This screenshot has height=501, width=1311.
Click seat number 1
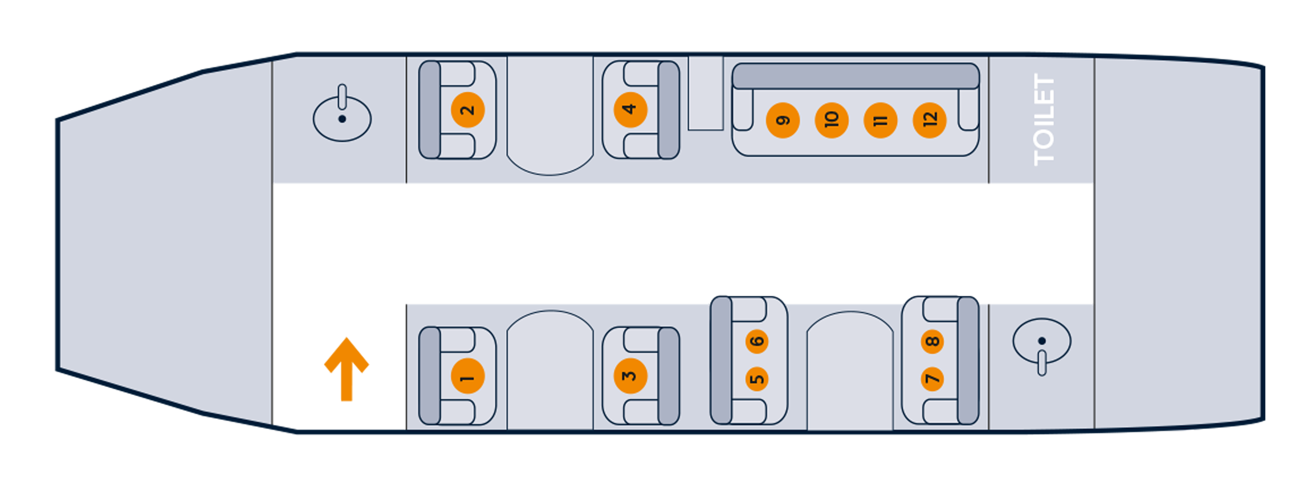pyautogui.click(x=467, y=376)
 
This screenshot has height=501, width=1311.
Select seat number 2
pyautogui.click(x=467, y=109)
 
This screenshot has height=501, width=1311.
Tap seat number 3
pyautogui.click(x=630, y=376)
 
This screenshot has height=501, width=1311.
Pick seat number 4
pyautogui.click(x=630, y=109)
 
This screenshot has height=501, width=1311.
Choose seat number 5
pyautogui.click(x=757, y=379)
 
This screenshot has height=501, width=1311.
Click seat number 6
pyautogui.click(x=757, y=341)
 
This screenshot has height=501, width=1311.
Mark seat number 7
pyautogui.click(x=932, y=379)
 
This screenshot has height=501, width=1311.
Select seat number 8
pyautogui.click(x=932, y=341)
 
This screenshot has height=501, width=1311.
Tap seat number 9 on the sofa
pyautogui.click(x=783, y=120)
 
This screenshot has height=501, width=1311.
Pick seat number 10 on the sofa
pyautogui.click(x=832, y=120)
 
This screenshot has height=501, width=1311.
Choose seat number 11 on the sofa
pyautogui.click(x=881, y=120)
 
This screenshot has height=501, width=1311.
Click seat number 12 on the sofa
pyautogui.click(x=930, y=120)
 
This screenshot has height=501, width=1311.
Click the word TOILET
pyautogui.click(x=1044, y=120)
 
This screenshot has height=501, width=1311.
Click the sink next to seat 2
pyautogui.click(x=342, y=118)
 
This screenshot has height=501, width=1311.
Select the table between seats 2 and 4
pyautogui.click(x=549, y=114)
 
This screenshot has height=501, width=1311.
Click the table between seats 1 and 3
pyautogui.click(x=549, y=370)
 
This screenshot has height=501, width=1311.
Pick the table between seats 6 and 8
pyautogui.click(x=850, y=370)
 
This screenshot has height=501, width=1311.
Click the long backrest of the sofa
pyautogui.click(x=855, y=76)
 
